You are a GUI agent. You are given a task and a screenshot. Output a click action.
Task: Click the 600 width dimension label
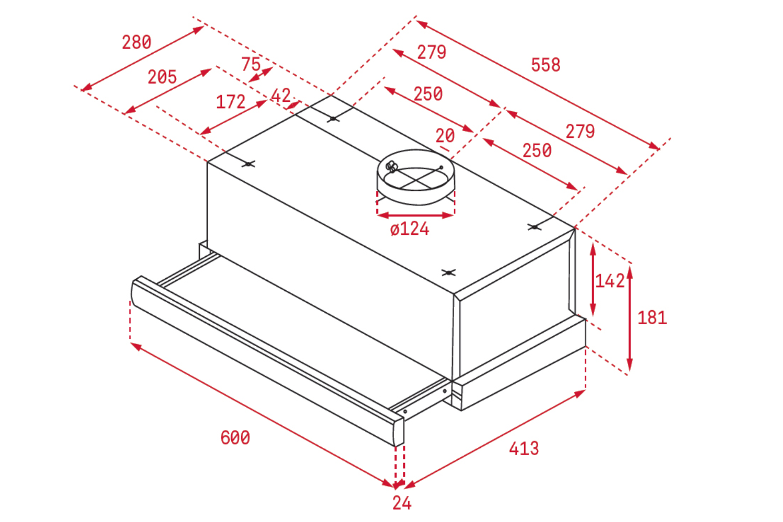235,438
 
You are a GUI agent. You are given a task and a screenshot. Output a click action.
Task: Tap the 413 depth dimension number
524,448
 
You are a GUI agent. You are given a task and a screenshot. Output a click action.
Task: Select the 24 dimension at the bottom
402,503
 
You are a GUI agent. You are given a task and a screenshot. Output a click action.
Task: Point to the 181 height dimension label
652,318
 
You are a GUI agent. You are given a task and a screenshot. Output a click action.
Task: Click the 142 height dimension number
610,281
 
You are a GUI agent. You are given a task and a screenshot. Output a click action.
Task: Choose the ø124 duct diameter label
410,229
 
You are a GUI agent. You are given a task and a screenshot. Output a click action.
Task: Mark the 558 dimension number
545,65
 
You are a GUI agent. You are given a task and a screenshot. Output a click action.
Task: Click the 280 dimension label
136,42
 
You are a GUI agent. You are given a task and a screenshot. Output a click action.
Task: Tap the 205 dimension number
162,77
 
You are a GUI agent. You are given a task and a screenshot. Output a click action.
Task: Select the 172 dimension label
231,102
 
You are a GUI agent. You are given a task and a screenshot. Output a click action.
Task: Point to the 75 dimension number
251,64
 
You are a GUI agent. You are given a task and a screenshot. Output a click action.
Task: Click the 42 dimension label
281,96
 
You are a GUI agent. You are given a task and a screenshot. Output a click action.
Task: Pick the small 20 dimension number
445,136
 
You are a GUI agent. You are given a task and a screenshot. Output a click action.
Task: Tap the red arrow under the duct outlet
416,216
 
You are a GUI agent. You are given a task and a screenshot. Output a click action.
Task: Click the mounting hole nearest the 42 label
333,119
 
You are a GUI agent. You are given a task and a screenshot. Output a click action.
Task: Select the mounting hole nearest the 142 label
535,227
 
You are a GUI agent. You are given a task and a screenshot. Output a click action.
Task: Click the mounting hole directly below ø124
448,272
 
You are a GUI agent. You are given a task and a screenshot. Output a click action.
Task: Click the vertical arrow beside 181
630,318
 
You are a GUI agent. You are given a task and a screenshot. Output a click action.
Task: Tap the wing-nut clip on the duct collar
391,167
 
